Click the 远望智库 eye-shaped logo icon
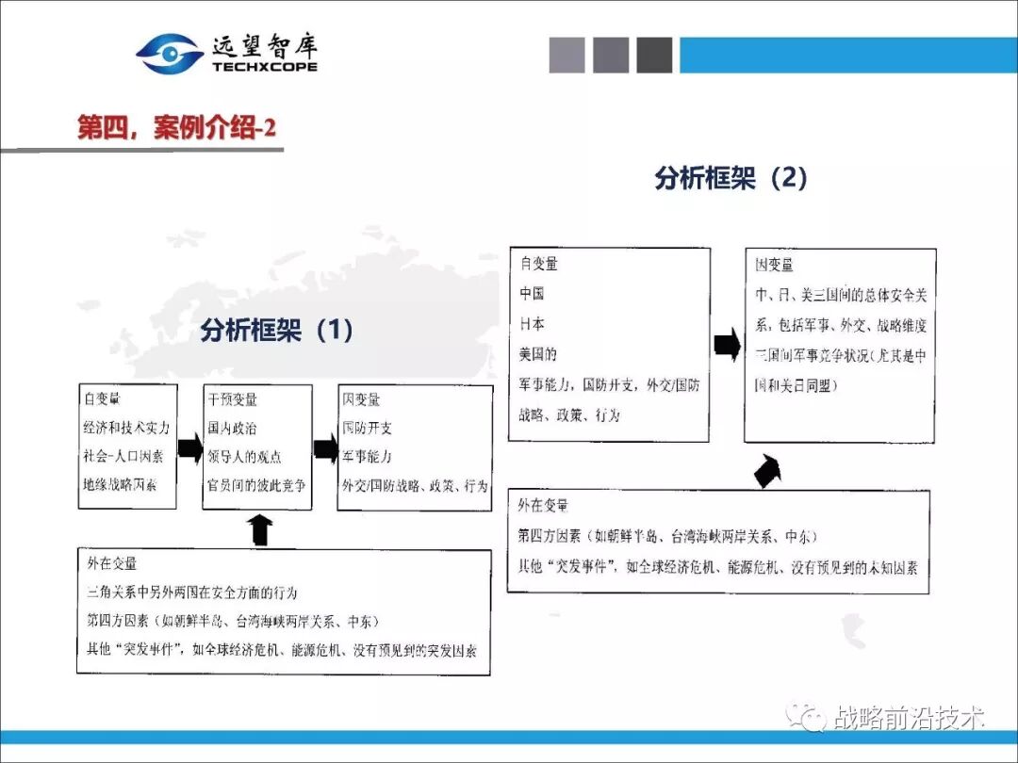pyautogui.click(x=170, y=54)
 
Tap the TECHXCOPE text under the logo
pyautogui.click(x=265, y=67)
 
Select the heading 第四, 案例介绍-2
pyautogui.click(x=176, y=128)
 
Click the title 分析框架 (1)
pyautogui.click(x=277, y=330)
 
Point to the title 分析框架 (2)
pyautogui.click(x=731, y=178)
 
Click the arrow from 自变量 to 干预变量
pyautogui.click(x=189, y=447)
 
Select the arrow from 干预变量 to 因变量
pyautogui.click(x=325, y=448)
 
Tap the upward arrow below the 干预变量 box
pyautogui.click(x=261, y=529)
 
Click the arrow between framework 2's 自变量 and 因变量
pyautogui.click(x=727, y=345)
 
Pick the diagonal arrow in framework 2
pyautogui.click(x=769, y=470)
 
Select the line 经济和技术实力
pyautogui.click(x=126, y=428)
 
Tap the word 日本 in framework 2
pyautogui.click(x=532, y=323)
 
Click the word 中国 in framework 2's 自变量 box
pyautogui.click(x=532, y=293)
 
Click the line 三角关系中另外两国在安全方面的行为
pyautogui.click(x=191, y=593)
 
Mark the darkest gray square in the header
pyautogui.click(x=654, y=55)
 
